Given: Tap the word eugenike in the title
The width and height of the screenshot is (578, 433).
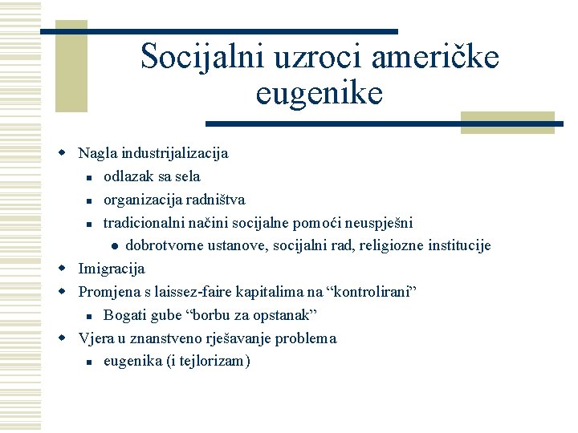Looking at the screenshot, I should click(x=320, y=93).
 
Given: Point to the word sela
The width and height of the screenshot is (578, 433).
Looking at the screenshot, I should click(x=186, y=176).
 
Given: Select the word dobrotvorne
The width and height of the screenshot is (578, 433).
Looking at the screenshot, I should click(x=166, y=245).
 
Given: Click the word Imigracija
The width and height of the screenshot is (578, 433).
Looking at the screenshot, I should click(x=112, y=268).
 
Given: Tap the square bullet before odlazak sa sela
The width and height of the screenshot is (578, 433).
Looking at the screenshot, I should click(x=92, y=176).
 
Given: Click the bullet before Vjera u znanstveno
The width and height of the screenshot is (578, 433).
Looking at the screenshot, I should click(x=68, y=338).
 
